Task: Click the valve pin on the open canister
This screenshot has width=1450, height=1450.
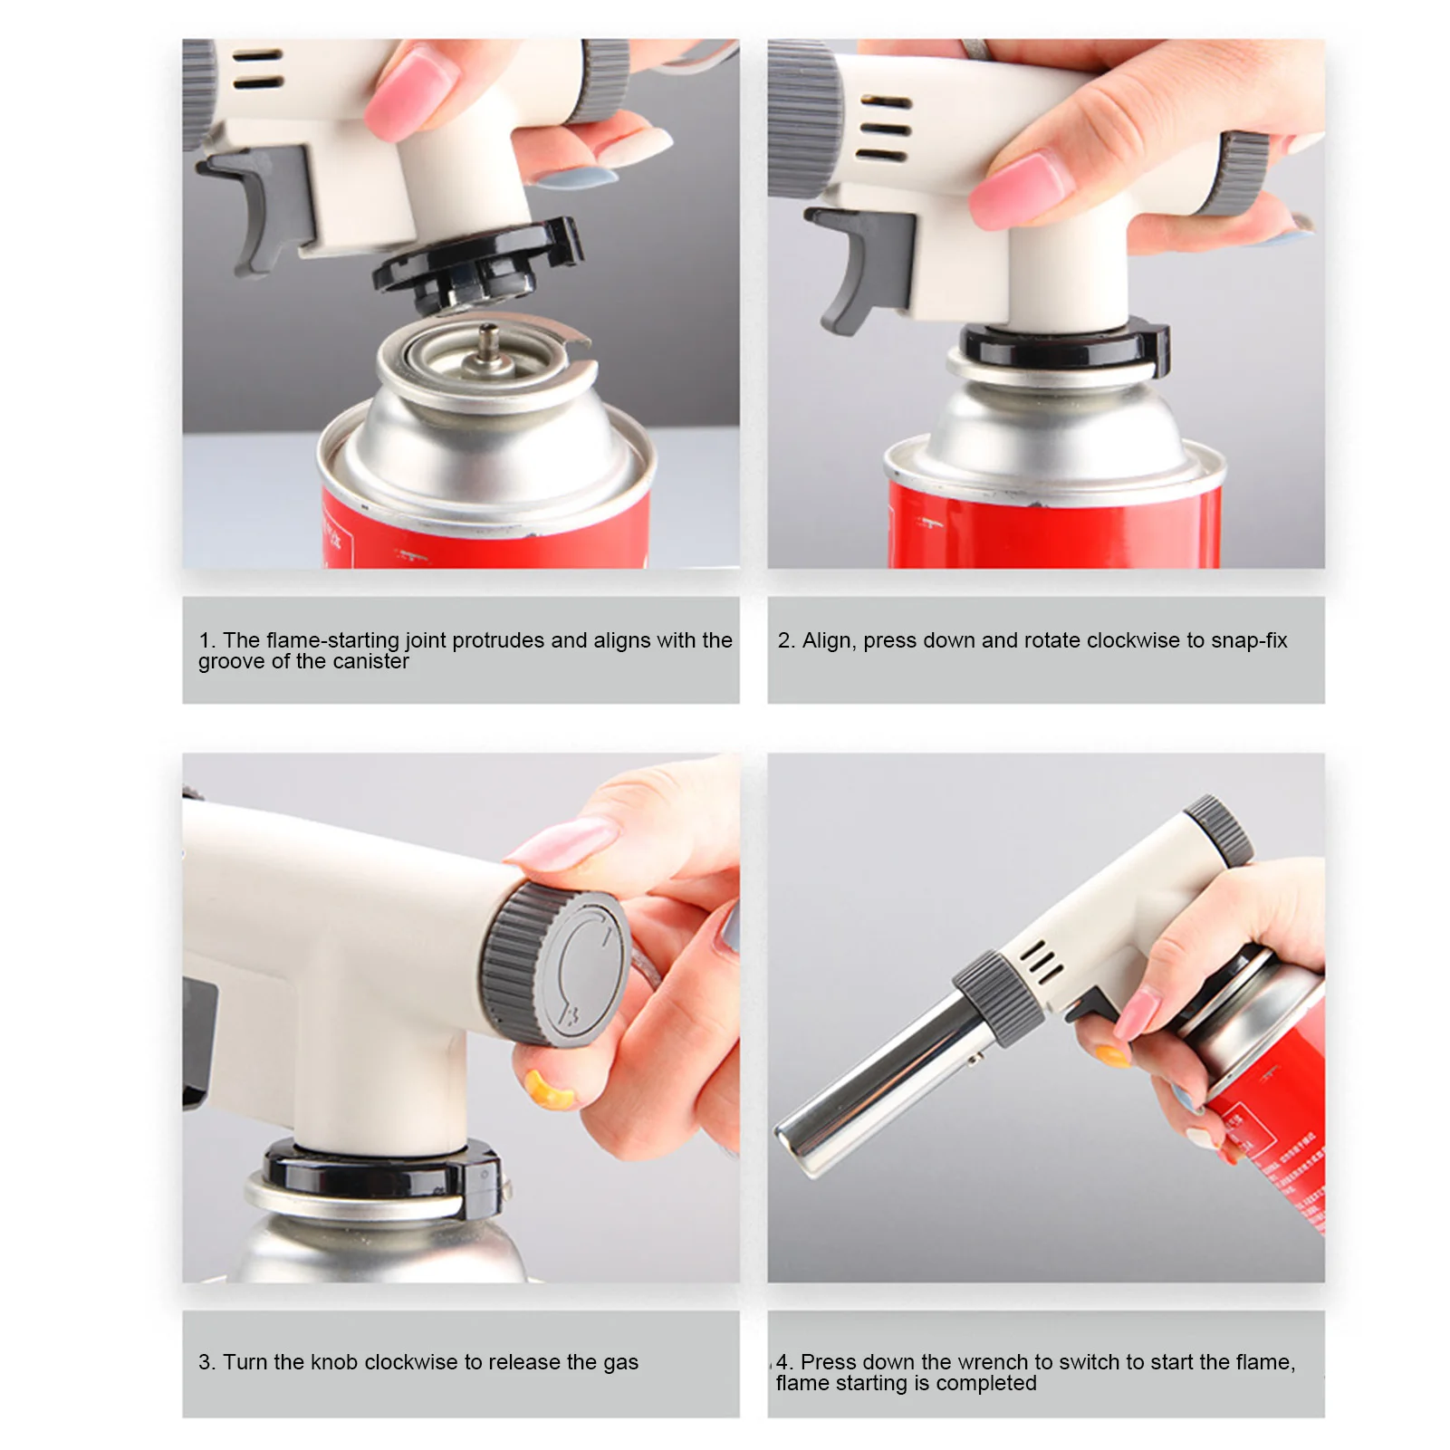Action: tap(489, 344)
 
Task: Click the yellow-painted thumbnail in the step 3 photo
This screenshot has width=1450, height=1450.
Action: tap(550, 1090)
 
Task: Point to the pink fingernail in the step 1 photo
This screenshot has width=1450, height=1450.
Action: tap(410, 93)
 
